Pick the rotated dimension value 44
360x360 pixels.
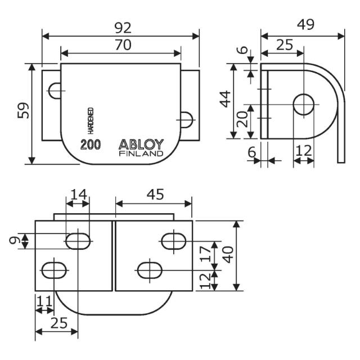click(x=225, y=100)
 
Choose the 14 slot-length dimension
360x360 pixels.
click(x=78, y=194)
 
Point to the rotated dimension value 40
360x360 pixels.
click(x=227, y=256)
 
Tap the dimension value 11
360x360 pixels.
click(x=44, y=303)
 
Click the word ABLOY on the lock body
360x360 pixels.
click(x=141, y=144)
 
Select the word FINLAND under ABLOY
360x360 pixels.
click(x=141, y=154)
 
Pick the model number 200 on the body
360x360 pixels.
click(x=91, y=145)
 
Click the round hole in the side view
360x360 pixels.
click(x=304, y=104)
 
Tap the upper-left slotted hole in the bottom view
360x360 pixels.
click(x=79, y=241)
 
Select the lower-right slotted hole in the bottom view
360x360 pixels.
click(x=149, y=269)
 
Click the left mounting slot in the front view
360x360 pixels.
click(x=55, y=90)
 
